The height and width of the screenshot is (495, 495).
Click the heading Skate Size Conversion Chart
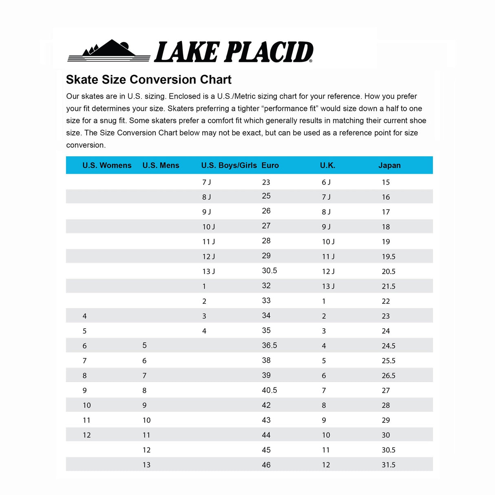click(x=148, y=80)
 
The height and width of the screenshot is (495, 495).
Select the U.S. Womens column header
click(x=107, y=166)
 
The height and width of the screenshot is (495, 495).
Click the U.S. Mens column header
click(x=161, y=166)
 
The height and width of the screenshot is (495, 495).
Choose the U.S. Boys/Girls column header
click(x=229, y=166)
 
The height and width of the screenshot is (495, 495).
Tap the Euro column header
click(x=270, y=166)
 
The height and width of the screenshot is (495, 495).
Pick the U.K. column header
click(x=327, y=166)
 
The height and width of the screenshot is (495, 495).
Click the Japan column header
click(x=389, y=166)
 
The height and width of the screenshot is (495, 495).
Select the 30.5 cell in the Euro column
click(x=270, y=271)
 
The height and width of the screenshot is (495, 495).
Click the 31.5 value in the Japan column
click(x=389, y=465)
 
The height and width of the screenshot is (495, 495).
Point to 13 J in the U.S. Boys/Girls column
click(x=208, y=272)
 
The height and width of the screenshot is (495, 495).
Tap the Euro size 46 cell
click(x=266, y=465)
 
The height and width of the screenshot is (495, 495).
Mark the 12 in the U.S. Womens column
click(x=86, y=435)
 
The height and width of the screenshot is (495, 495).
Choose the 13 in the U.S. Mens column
click(x=146, y=465)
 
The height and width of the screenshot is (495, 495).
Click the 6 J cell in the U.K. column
click(x=326, y=182)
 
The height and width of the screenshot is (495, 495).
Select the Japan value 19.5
click(x=389, y=256)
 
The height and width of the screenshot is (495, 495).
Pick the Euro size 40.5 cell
click(x=270, y=390)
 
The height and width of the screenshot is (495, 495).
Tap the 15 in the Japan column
click(x=386, y=182)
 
